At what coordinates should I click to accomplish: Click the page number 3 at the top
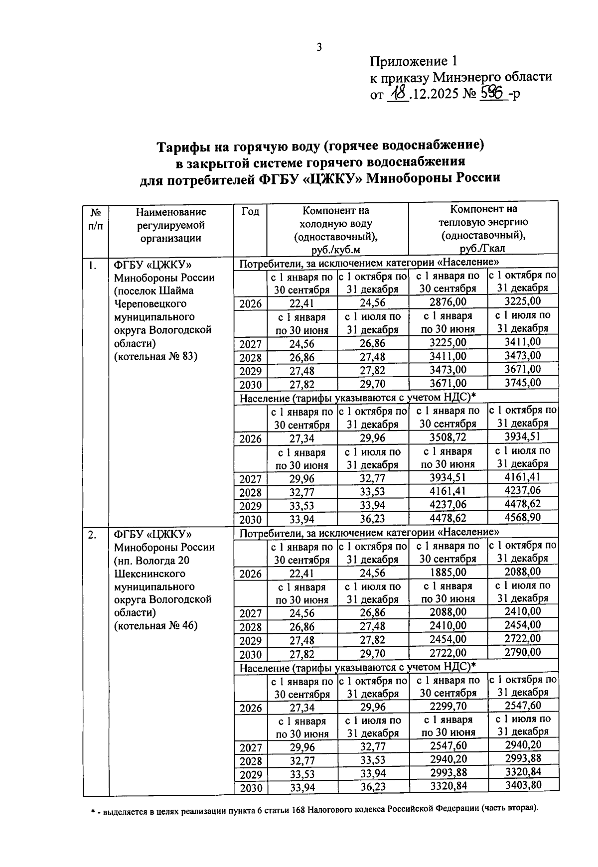click(x=319, y=48)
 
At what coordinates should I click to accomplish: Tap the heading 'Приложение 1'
click(x=413, y=62)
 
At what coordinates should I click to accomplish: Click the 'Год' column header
click(x=250, y=212)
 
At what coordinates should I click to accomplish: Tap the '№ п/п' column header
click(x=96, y=218)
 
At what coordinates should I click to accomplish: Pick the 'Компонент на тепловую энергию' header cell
click(x=483, y=228)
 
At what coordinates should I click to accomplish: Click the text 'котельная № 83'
click(x=156, y=356)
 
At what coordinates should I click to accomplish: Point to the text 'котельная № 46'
click(x=156, y=626)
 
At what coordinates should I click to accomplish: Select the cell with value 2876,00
click(x=448, y=302)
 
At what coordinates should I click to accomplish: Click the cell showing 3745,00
click(x=522, y=383)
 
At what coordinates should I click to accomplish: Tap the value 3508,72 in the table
click(x=448, y=438)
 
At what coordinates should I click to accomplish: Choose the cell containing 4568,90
click(x=522, y=518)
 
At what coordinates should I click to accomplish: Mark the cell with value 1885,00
click(x=448, y=573)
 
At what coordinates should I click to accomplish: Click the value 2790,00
click(x=522, y=652)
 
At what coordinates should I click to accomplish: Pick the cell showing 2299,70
click(x=448, y=707)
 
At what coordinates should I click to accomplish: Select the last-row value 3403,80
click(x=522, y=786)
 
